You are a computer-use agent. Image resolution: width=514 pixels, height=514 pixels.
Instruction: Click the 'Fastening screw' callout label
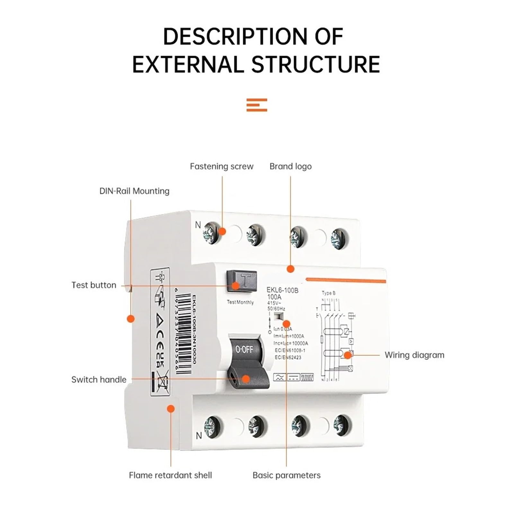pos(221,166)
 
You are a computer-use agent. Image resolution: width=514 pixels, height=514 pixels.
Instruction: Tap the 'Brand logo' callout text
pos(290,166)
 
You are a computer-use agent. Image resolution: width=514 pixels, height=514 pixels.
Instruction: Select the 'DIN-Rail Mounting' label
pos(134,191)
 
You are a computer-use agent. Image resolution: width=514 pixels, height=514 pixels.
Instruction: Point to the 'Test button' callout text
pos(94,285)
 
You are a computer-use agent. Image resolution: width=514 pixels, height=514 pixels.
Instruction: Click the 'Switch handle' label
pos(99,380)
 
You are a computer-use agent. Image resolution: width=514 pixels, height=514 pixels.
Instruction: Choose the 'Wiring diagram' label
pos(414,355)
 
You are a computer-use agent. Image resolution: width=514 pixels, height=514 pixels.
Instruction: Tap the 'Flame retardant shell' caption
pos(170,475)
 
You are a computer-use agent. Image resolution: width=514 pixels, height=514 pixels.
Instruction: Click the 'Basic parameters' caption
pos(287,475)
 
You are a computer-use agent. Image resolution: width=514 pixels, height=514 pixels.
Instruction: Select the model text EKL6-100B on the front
pos(282,290)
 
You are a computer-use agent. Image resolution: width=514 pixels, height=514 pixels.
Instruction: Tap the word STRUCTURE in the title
pos(315,64)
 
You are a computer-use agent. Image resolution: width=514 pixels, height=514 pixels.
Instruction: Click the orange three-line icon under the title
pos(257,105)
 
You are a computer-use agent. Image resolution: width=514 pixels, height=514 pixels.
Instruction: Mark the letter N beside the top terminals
pos(198,225)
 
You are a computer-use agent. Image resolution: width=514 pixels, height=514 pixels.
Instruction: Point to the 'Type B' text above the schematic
pos(329,293)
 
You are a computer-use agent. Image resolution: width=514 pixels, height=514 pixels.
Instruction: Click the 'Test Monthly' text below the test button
pos(240,302)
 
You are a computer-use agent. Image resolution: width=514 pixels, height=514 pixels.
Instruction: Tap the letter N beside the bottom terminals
pos(199,436)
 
